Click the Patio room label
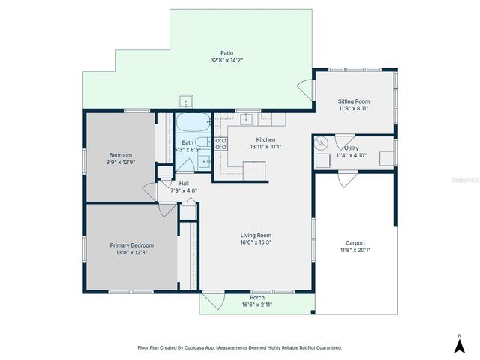226,53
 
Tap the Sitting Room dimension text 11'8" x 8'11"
354,109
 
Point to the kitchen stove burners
221,144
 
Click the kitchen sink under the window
248,118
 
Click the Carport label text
355,242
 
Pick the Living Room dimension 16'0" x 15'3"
256,241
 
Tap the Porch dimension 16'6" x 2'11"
256,304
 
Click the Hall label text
183,183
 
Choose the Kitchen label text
266,140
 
